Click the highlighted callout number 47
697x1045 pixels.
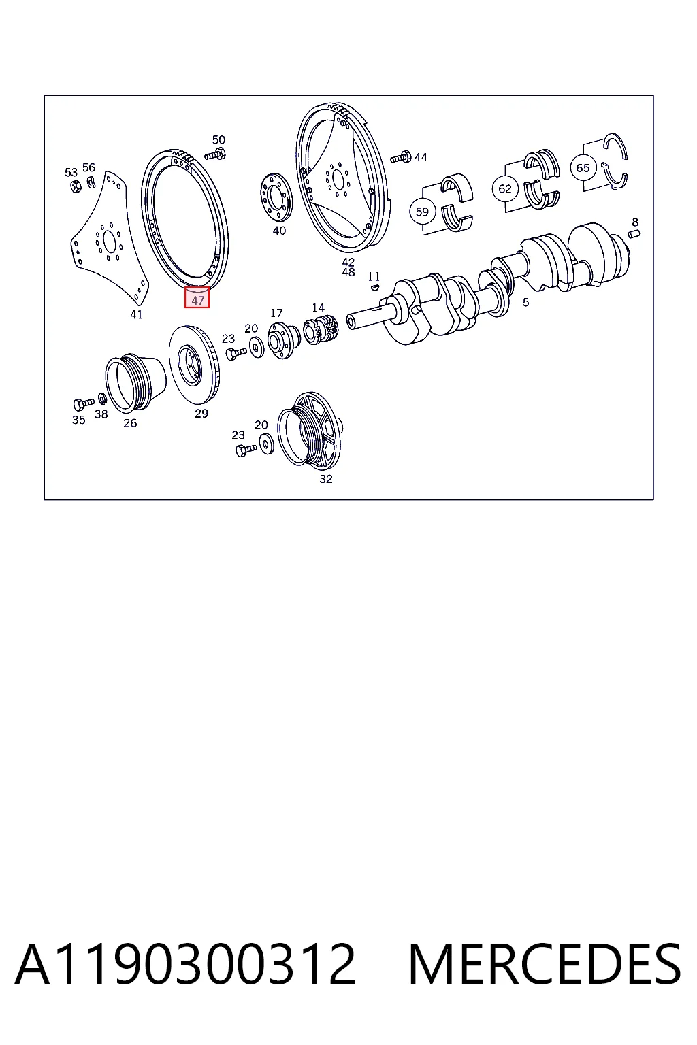click(197, 297)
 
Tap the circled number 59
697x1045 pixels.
click(422, 212)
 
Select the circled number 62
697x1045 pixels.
click(504, 189)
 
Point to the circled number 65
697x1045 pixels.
click(583, 168)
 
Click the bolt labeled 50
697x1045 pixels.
click(214, 154)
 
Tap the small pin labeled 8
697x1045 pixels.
click(634, 234)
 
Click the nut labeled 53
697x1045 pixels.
click(75, 187)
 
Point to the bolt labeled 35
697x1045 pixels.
click(84, 404)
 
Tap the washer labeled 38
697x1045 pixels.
click(102, 399)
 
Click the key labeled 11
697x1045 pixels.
click(374, 287)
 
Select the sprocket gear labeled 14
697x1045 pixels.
click(321, 329)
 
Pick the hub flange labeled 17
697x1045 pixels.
click(283, 341)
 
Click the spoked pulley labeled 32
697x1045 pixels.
click(310, 430)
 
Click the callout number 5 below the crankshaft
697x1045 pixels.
click(525, 303)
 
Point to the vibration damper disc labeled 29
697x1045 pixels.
click(195, 365)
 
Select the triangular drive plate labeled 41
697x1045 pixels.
click(110, 239)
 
